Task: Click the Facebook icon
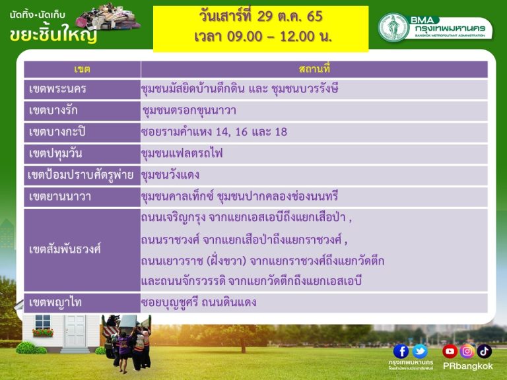coord(401,351)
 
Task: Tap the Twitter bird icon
coord(420,351)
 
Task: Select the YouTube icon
coord(450,351)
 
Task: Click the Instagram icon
coord(467,351)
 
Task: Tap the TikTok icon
coord(484,351)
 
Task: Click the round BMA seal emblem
coord(393,28)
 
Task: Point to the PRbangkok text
coord(467,366)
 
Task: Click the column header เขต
coord(82,69)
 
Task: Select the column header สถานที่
coord(314,69)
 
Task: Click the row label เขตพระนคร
coord(57,89)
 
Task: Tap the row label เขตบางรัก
coord(53,111)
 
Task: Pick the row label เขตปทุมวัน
coord(55,154)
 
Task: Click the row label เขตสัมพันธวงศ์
coord(65,249)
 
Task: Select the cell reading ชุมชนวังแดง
coord(170,175)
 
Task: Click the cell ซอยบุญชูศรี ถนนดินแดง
coord(199,302)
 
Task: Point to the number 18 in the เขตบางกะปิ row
coord(281,132)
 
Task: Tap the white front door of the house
coord(75,331)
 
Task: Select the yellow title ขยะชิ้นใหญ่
coord(53,34)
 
